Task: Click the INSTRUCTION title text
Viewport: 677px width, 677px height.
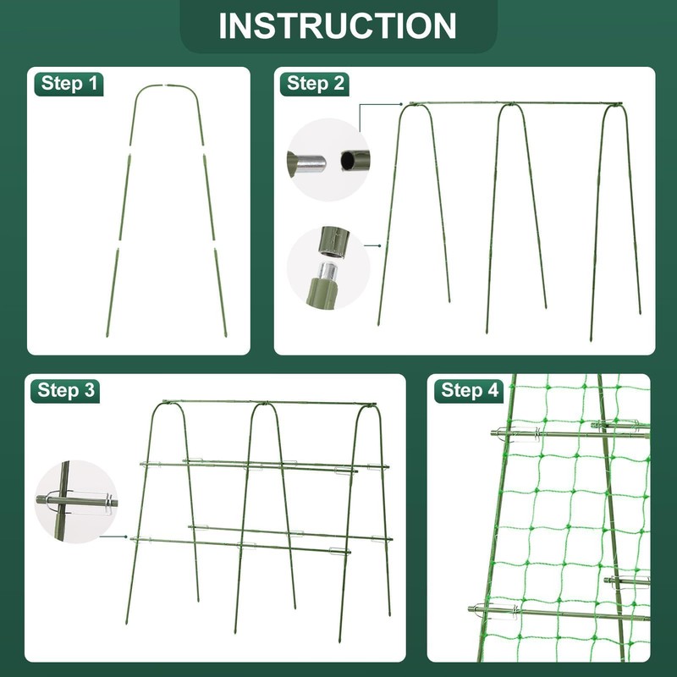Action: pos(337,26)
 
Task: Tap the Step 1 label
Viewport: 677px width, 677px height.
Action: pos(69,83)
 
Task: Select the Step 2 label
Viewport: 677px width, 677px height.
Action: pos(315,83)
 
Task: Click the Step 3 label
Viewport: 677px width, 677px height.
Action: pos(66,390)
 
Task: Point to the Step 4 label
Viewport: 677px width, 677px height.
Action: pos(470,390)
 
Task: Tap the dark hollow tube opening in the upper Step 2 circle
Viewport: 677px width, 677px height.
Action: pos(348,161)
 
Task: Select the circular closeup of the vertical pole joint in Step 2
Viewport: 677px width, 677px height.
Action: pos(328,267)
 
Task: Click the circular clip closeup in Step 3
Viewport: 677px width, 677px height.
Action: pos(76,502)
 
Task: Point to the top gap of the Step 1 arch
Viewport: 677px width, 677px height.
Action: pos(164,85)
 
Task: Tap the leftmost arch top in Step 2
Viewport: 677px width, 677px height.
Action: pos(416,105)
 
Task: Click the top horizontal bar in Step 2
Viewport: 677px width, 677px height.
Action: pos(516,103)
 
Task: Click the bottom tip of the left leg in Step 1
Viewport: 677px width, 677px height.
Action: pos(107,336)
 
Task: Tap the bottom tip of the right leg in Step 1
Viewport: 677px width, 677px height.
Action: pos(225,335)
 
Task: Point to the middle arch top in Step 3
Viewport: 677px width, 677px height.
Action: pos(264,405)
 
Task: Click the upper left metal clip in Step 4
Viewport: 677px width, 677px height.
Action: pos(518,433)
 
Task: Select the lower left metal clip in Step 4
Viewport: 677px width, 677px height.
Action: pos(498,610)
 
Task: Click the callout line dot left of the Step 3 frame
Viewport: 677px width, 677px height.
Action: pos(126,537)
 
